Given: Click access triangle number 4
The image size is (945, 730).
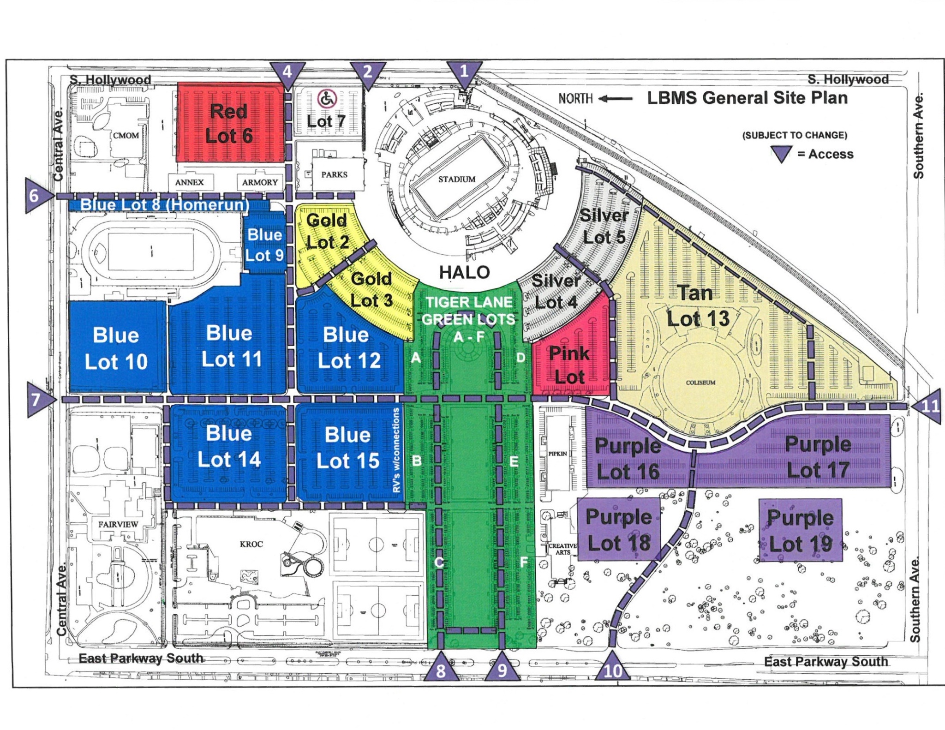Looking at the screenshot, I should pos(287,73).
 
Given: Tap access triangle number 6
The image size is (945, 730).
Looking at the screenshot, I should pos(36,196).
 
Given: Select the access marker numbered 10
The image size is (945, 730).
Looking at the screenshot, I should pos(612,667).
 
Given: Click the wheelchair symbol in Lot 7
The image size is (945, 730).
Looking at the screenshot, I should pos(327,98).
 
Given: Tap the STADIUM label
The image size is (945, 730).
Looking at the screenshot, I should pos(457,179).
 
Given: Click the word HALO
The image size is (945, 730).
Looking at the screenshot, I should pos(464,272).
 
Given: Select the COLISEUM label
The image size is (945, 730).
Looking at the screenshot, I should pos(700,383).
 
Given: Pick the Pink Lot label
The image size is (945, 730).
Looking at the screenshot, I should pos(569,365).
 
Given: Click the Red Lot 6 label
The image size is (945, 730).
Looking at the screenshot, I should pos(229,124).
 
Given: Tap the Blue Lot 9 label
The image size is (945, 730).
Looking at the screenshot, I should pos(264,245).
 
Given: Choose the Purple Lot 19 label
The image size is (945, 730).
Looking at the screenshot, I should pos(801,531).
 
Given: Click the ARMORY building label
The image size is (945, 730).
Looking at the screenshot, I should pos(260,182).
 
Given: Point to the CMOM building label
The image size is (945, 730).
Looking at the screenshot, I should pos(126,136).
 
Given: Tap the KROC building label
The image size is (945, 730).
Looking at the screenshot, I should pos(251,544).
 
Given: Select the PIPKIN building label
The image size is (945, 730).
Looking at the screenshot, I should pos(557,454).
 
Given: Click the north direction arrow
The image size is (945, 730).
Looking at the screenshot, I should pos(616,98).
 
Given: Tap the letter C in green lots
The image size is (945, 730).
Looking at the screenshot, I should pos(439,562).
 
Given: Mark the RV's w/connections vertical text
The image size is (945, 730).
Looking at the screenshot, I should pos(396,450).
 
